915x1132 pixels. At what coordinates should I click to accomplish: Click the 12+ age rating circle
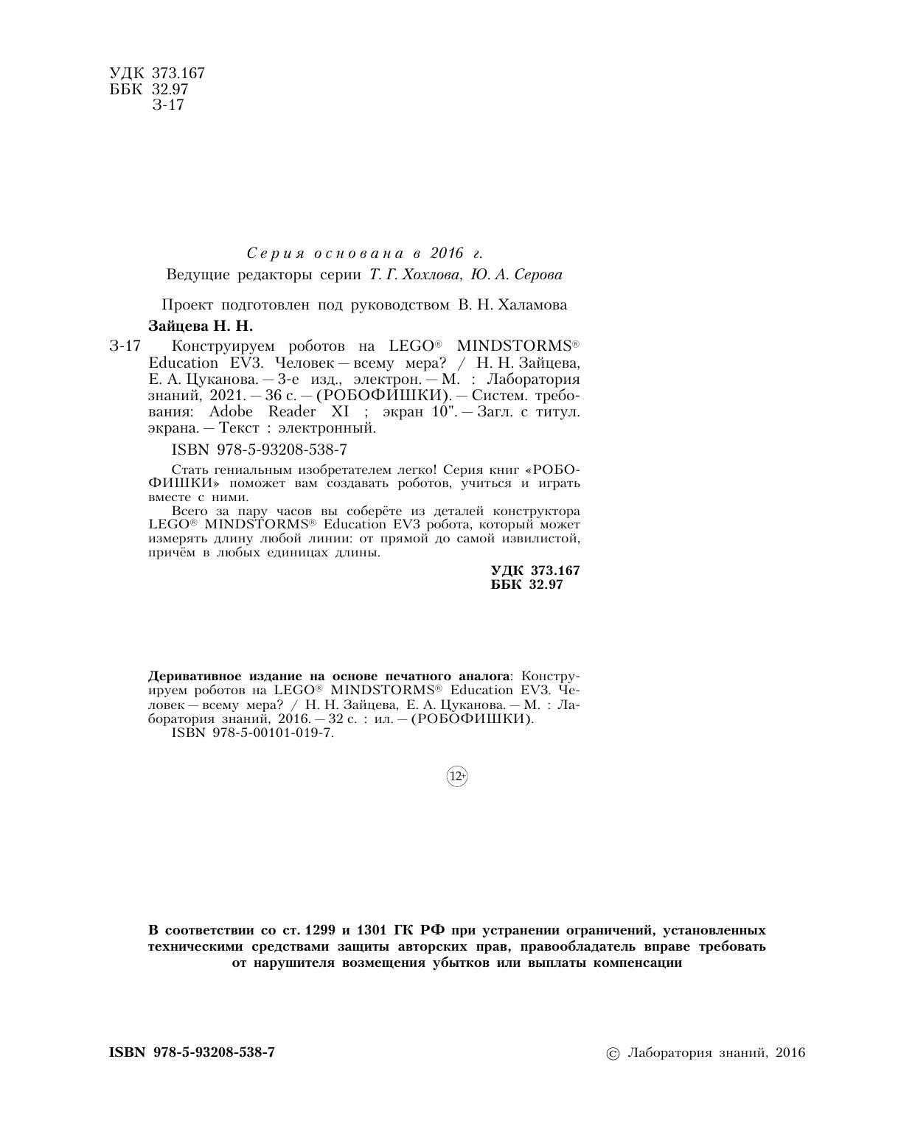pos(457,776)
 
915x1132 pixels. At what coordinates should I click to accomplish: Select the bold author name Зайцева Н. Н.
pos(201,325)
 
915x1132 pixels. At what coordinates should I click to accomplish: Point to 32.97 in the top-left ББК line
pos(170,89)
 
